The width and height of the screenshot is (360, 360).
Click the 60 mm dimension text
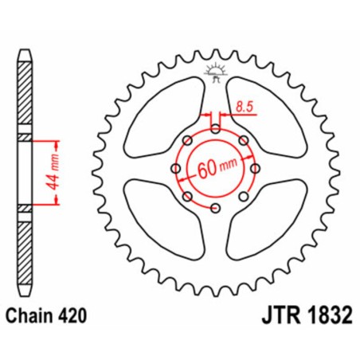point(217,169)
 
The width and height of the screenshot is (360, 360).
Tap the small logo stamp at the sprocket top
point(216,71)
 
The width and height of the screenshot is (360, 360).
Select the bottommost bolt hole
point(216,209)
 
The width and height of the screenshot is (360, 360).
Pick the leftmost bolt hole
point(174,169)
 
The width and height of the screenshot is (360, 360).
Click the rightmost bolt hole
point(256,169)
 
